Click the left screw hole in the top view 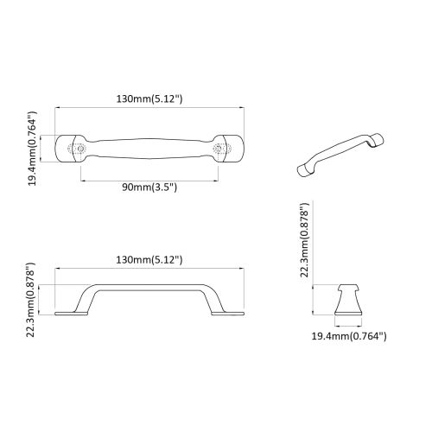pos(82,149)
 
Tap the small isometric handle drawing pos(337,154)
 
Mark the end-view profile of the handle pos(349,300)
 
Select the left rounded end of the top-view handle pos(65,149)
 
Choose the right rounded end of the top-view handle pos(234,149)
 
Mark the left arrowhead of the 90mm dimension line pos(84,181)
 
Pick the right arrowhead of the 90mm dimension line pos(215,181)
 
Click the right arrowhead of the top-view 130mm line pos(241,108)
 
